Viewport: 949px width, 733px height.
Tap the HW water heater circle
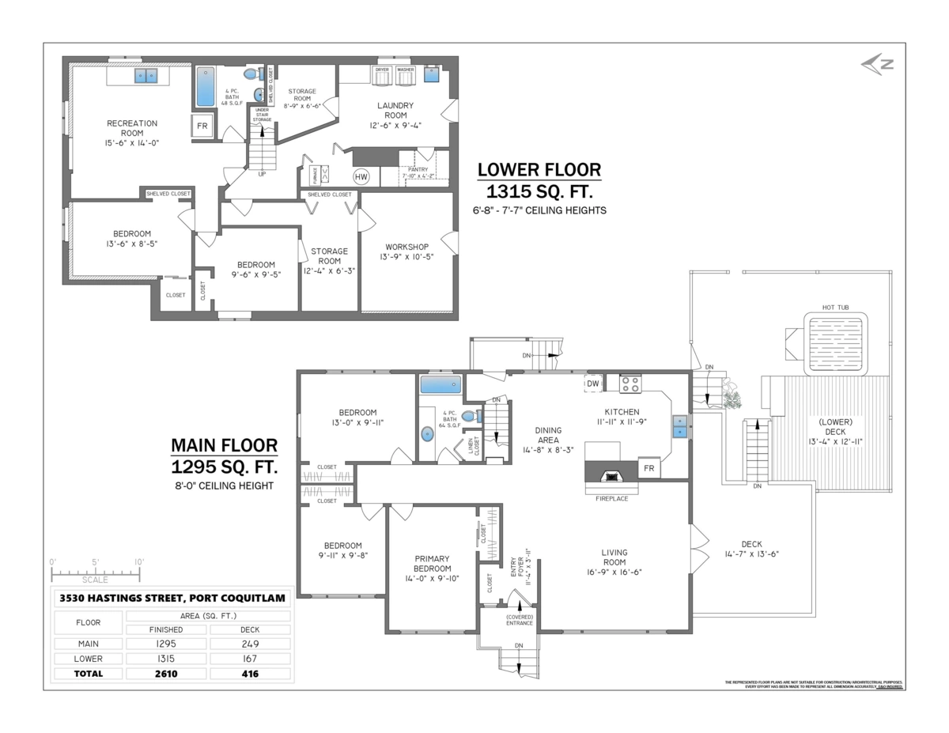[361, 176]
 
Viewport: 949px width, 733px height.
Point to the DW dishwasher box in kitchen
[592, 384]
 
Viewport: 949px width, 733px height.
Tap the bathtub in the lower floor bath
[205, 87]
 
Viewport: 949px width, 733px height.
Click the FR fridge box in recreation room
[202, 127]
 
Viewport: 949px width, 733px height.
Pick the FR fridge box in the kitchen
[648, 467]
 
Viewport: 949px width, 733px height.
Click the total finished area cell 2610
[167, 674]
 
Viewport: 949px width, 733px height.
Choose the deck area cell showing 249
[250, 644]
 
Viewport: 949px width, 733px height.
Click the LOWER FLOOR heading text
[539, 170]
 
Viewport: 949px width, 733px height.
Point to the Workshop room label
[407, 247]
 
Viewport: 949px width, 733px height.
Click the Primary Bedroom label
[432, 563]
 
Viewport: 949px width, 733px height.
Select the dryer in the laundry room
[382, 74]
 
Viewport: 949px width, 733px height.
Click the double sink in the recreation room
[145, 76]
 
